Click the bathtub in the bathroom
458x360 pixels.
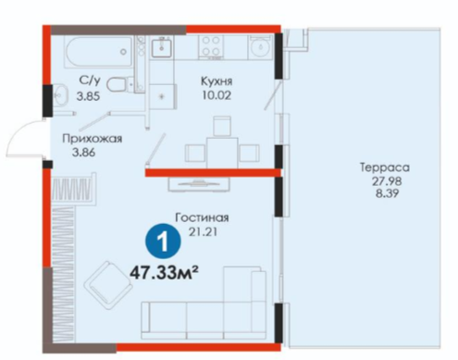(99, 52)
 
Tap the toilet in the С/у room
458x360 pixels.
(117, 84)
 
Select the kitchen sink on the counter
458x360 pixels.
(161, 47)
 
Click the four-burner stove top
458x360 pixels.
(210, 46)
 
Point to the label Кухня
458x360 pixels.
(217, 81)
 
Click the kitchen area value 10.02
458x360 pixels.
(217, 95)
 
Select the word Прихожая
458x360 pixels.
(93, 139)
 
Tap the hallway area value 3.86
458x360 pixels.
(83, 152)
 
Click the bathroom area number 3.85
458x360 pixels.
(88, 96)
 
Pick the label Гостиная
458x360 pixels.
(202, 217)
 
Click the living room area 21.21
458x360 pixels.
(203, 231)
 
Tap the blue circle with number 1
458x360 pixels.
(163, 242)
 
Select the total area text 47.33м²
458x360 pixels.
(164, 272)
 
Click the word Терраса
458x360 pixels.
(385, 168)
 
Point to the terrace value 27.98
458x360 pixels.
(387, 180)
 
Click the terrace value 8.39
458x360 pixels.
(387, 193)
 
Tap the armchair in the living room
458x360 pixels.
(108, 285)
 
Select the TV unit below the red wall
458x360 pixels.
(199, 184)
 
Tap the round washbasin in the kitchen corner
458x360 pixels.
(261, 47)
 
